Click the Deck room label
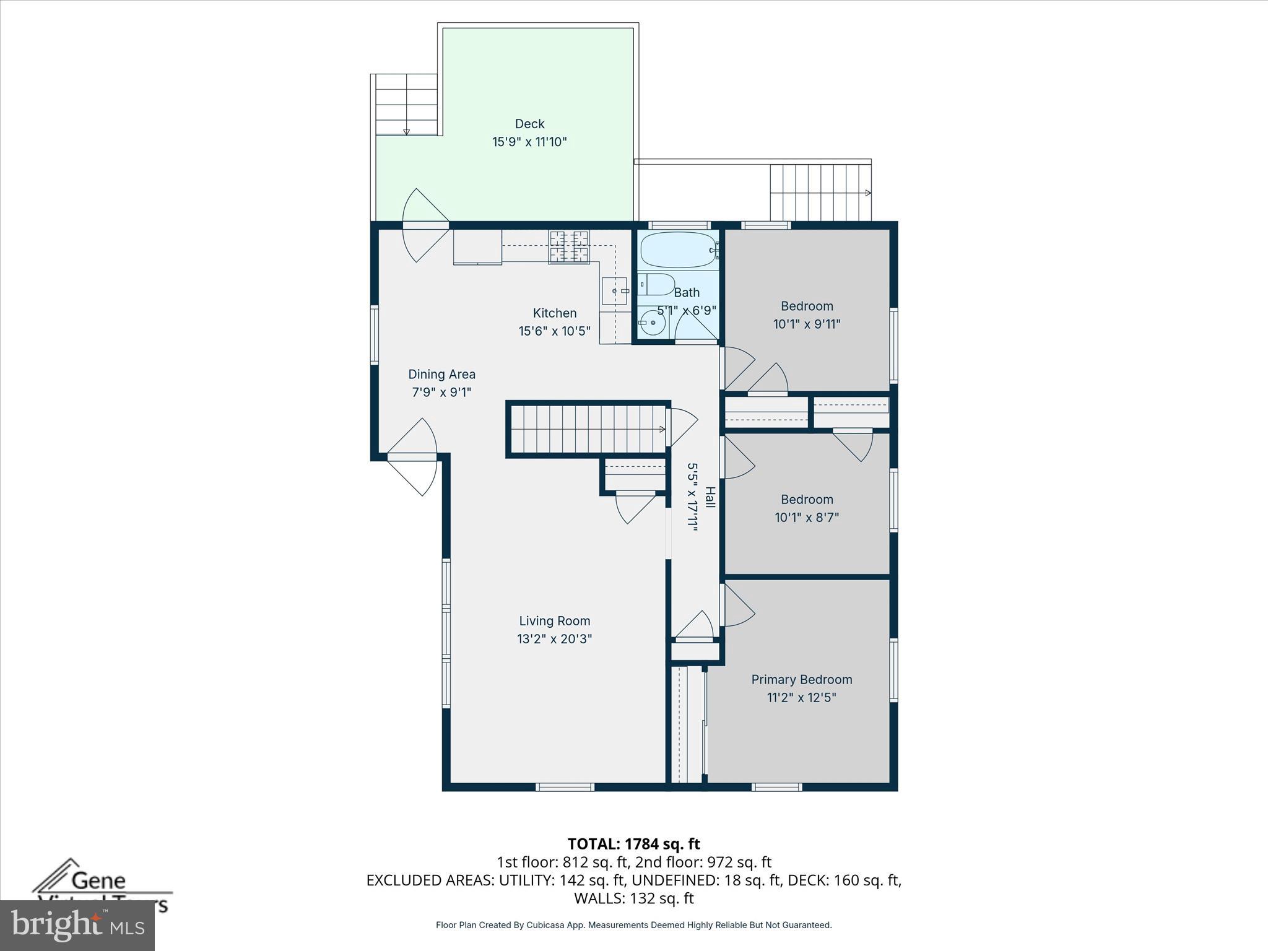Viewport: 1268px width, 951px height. [529, 124]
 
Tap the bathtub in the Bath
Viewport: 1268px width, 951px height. [677, 250]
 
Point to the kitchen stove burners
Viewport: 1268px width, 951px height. [569, 246]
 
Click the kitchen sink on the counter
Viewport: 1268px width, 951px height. [614, 290]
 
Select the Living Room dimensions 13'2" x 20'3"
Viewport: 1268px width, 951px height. [554, 639]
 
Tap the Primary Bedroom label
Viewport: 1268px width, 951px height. [801, 679]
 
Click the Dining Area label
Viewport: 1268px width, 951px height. [441, 374]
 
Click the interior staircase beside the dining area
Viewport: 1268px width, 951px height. [587, 429]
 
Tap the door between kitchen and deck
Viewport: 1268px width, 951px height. [424, 225]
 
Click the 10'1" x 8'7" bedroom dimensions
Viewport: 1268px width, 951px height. [806, 517]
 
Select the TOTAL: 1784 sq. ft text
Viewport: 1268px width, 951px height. [633, 844]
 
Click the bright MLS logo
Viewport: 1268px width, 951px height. [77, 925]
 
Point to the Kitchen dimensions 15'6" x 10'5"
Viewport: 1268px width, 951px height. [554, 331]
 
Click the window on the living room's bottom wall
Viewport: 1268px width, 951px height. [565, 787]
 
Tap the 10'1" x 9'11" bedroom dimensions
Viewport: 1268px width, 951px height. [806, 324]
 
